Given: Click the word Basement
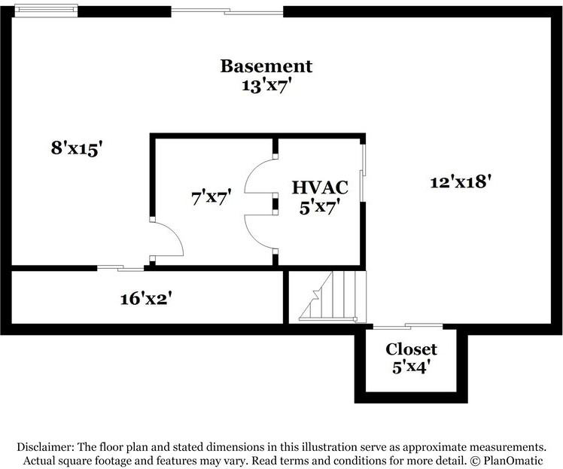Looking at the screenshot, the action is coord(266,66).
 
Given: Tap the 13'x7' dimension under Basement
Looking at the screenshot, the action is coord(266,86).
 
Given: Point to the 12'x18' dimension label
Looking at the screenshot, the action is coord(461,182).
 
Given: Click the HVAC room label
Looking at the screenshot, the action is coord(320,187).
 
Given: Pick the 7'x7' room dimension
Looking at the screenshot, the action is coord(211,197).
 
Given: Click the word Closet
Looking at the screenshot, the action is coord(411,349).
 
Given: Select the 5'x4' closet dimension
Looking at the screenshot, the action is coord(411,367).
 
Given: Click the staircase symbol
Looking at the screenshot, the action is coord(333,296).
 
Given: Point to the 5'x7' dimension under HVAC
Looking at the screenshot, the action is coord(320,207).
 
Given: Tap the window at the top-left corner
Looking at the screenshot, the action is coord(46,10).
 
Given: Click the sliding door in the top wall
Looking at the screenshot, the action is coord(227,11).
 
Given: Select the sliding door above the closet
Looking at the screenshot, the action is coord(408,326).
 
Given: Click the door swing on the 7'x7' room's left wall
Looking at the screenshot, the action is coord(166,239).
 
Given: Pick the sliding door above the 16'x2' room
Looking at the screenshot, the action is coord(120,268).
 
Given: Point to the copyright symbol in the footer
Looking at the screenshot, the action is coord(475,460).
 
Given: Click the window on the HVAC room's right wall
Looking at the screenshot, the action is coord(363,172).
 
